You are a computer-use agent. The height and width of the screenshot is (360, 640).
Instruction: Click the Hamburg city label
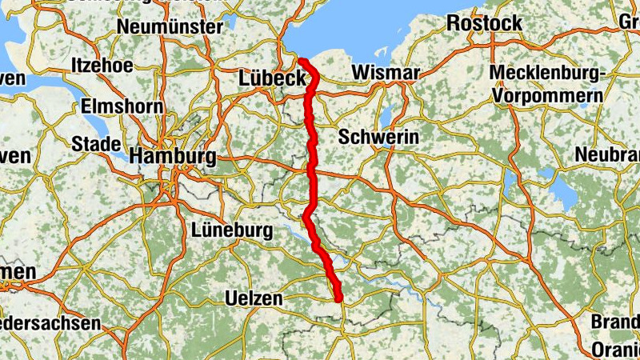173,156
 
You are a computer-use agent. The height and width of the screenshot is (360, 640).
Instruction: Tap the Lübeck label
272,78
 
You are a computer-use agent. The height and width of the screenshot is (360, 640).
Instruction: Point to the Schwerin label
378,138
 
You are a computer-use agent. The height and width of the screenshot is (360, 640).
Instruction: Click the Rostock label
484,22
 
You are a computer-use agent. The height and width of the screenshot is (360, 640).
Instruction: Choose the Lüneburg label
233,231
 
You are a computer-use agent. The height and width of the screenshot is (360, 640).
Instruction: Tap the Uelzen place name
254,298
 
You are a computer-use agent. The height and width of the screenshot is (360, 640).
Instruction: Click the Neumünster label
170,27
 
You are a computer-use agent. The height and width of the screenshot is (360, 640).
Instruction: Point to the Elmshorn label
122,106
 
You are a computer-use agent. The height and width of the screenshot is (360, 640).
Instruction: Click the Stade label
95,144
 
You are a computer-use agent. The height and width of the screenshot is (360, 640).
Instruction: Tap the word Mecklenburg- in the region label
547,74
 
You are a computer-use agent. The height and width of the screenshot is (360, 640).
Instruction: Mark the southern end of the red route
339,299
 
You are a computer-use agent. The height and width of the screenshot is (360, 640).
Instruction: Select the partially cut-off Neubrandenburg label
609,153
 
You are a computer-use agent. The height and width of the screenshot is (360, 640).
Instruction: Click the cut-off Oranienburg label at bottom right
616,350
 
